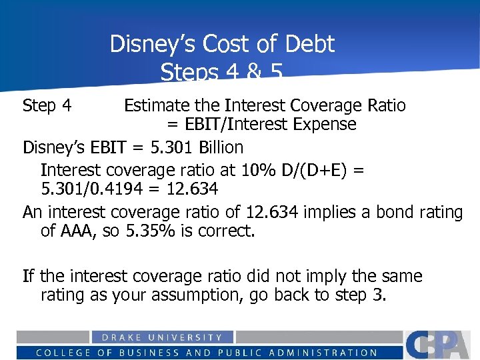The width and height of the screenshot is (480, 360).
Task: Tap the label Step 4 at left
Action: point(47,105)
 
